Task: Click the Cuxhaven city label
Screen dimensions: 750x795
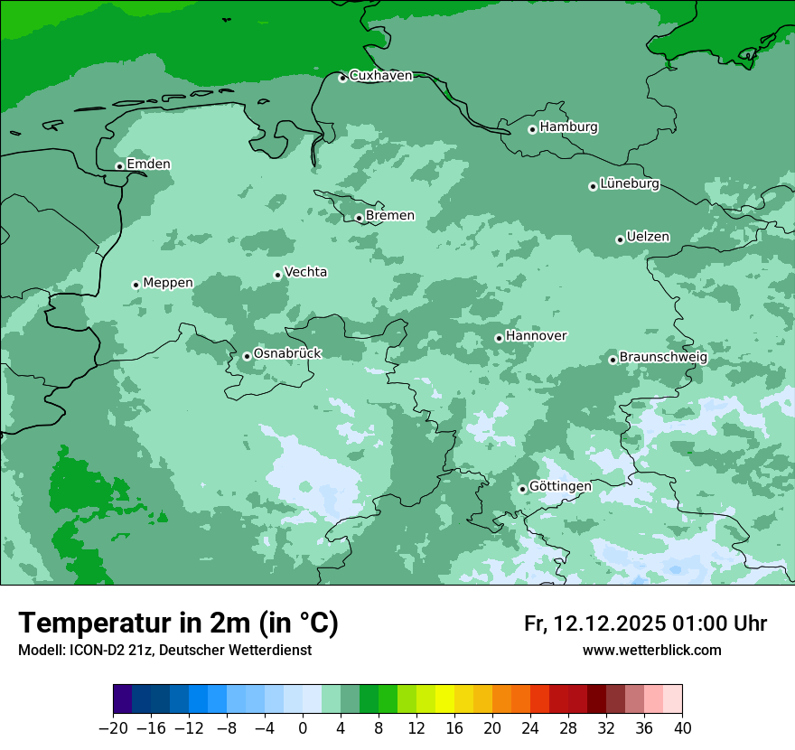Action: click(380, 76)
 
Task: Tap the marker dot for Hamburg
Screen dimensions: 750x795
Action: click(532, 129)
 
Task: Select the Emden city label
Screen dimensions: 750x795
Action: click(148, 164)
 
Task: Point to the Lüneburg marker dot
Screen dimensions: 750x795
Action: click(593, 186)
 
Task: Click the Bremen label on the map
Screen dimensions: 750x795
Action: click(390, 216)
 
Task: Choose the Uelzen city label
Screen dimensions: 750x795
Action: click(648, 238)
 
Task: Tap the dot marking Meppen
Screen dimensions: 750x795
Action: click(136, 285)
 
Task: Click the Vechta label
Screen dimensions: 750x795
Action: click(305, 272)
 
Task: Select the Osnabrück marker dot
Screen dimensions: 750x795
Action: click(247, 356)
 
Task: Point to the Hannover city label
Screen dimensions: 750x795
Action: click(536, 336)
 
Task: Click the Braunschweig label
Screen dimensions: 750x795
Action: click(663, 358)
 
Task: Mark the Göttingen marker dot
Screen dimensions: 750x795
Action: click(522, 489)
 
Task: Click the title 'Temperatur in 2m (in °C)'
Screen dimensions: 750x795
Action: click(178, 623)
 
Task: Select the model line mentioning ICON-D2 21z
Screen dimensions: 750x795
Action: click(164, 651)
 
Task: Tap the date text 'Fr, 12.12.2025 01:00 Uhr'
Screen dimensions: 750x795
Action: click(645, 623)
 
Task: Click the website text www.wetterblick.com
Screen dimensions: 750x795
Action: click(651, 651)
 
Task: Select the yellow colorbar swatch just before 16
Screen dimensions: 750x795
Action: click(444, 699)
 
